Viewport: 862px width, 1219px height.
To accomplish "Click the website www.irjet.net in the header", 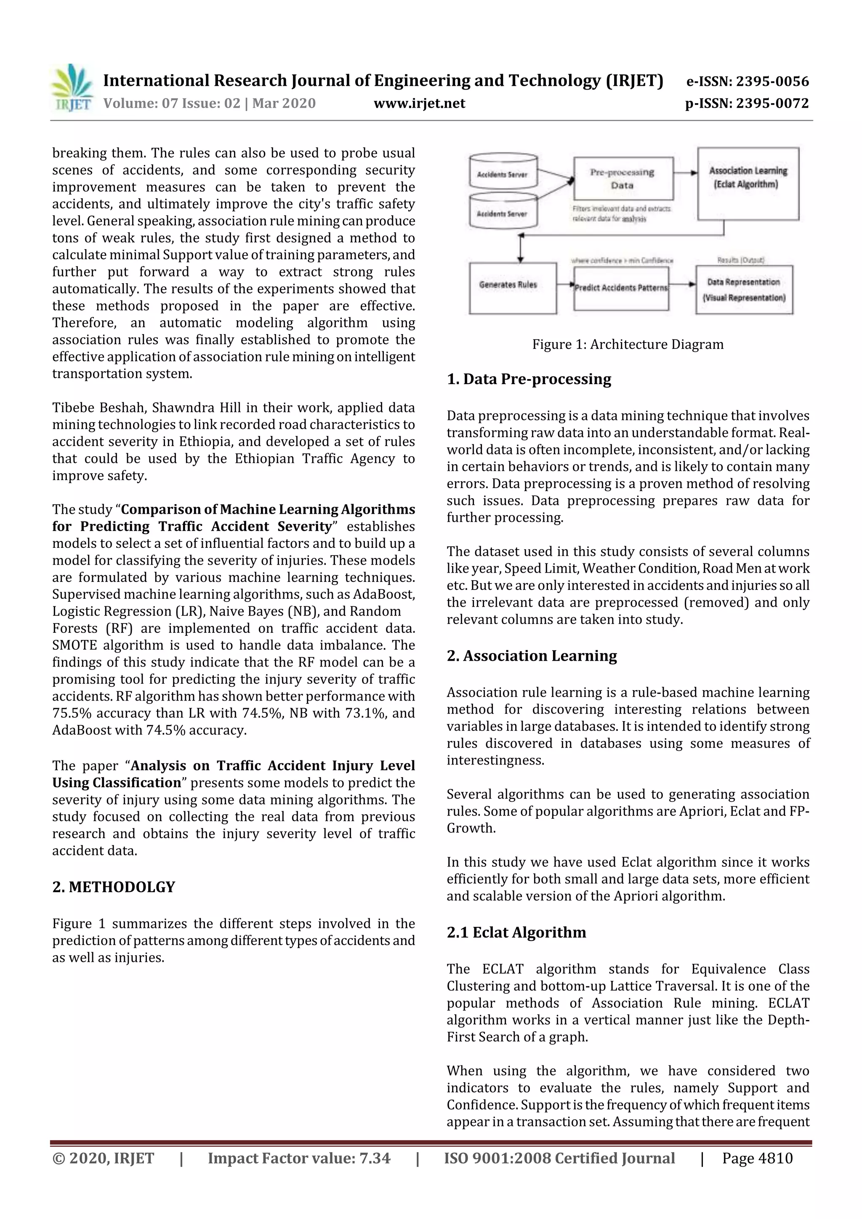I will click(419, 104).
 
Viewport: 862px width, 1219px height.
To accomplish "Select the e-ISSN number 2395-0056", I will click(772, 82).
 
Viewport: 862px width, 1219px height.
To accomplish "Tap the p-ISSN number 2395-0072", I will click(772, 104).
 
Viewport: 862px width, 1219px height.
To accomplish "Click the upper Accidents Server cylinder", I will click(503, 173).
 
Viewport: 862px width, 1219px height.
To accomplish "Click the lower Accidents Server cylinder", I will click(503, 212).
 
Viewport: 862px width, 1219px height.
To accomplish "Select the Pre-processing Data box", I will click(623, 178).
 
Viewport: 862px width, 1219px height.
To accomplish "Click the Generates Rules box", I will click(512, 288).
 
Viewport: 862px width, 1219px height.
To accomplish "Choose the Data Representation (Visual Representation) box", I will click(744, 290).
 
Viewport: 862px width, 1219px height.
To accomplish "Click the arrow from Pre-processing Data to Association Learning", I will click(685, 173).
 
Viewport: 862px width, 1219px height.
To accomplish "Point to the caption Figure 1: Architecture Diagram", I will click(627, 345).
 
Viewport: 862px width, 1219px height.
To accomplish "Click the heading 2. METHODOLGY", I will click(114, 887).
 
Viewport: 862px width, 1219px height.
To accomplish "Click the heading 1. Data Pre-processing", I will click(529, 379).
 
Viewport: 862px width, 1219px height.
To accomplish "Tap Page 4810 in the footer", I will click(757, 1158).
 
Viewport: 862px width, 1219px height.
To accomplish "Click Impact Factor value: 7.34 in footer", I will click(298, 1158).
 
